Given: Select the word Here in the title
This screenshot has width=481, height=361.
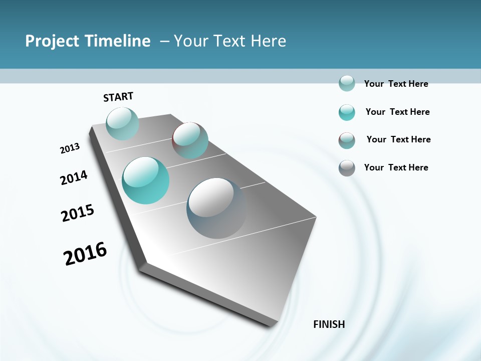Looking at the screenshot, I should coord(268,41).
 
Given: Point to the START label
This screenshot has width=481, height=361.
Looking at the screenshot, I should coord(118,97).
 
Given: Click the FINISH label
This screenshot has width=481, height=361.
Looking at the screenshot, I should coord(329,324).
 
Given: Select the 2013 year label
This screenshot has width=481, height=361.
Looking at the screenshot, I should coord(70,148).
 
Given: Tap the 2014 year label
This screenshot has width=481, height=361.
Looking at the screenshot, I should coord(74,177).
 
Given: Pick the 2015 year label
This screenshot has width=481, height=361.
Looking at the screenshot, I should coord(78,213).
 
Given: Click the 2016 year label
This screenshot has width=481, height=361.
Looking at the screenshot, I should coord(85,254).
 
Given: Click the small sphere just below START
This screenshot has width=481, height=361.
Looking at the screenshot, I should coord(122,123).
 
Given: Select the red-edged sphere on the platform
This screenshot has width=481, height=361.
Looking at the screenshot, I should coord(190,140).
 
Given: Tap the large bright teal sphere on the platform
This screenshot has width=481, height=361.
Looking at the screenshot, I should coord(146,180).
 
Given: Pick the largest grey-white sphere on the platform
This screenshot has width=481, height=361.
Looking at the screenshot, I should coord(216,208).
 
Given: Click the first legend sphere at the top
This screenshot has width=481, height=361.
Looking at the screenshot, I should coord(347,83).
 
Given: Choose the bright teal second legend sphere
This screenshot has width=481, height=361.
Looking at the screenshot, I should coord(347,112).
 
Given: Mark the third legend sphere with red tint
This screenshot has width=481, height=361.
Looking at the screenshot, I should coord(347,140).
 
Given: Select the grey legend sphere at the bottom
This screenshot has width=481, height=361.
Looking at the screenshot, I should coord(347,168).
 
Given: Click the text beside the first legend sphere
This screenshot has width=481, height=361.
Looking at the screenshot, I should coord(396,84).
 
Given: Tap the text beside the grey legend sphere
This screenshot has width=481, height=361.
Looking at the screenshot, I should coord(396,167).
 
